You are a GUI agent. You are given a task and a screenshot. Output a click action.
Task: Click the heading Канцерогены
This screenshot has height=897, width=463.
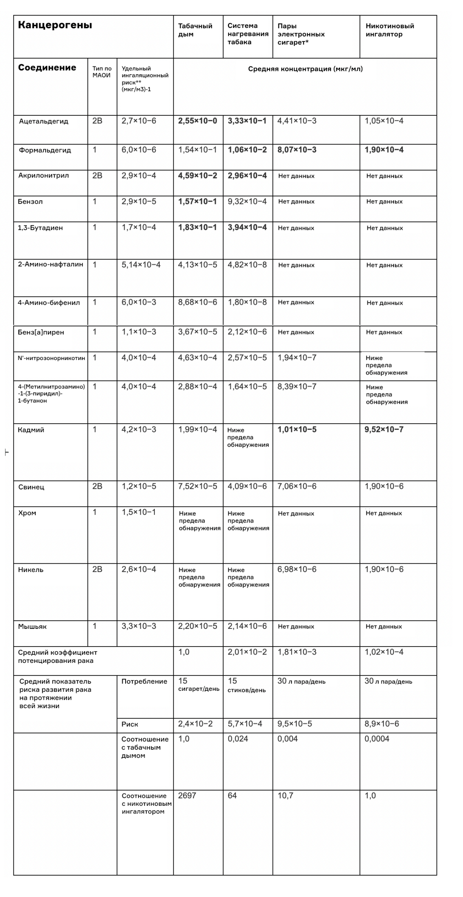point(55,25)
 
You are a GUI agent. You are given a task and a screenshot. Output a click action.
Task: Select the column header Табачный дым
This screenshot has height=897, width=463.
point(195,30)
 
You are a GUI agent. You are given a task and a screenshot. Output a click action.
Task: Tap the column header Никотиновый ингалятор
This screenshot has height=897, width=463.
point(390,30)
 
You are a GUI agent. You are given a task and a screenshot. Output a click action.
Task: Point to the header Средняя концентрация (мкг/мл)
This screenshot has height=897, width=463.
point(305,69)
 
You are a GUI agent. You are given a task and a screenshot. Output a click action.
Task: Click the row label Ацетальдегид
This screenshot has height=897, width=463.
point(43,121)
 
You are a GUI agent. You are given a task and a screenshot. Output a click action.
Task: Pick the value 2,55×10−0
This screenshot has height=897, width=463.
point(197,121)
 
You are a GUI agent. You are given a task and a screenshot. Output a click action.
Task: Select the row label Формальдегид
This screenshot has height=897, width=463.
point(45,150)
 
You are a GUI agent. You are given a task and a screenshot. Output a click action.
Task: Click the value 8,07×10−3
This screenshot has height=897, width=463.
point(297,150)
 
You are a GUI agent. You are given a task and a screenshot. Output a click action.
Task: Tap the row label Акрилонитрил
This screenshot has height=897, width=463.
point(43,175)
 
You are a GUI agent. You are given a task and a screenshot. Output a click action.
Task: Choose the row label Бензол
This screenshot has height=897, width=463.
point(30,202)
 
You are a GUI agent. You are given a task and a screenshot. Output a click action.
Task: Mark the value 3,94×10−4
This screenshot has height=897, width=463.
point(247,227)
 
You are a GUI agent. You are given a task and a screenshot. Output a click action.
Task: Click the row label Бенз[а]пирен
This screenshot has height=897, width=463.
point(41,332)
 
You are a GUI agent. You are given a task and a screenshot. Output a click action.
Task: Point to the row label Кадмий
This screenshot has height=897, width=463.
point(31,430)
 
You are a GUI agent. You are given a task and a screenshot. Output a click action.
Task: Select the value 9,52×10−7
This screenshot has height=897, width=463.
point(384,430)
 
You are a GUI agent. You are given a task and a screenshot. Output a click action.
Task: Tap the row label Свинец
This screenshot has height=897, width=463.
point(31,487)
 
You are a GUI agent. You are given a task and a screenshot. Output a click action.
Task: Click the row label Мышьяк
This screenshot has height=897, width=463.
point(32,626)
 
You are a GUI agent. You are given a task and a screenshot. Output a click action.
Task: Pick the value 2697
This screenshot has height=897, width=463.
point(187,795)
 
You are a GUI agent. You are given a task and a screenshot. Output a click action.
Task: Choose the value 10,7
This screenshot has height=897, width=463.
point(285,795)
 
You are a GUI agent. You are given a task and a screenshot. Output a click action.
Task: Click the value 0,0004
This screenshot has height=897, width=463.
point(377,739)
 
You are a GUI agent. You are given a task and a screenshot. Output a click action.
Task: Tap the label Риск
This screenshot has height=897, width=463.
point(129,724)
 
